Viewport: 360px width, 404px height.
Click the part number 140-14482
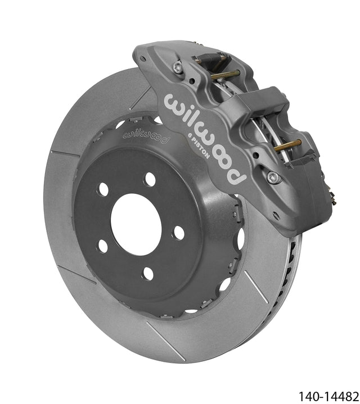pos(328,396)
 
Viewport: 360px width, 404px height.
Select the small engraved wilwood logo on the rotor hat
pos(146,137)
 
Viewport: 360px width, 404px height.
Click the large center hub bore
pos(136,224)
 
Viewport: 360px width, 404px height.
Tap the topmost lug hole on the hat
pos(150,179)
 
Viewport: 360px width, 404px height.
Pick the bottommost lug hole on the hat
pos(148,274)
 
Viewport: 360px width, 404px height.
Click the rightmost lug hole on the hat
pos(179,233)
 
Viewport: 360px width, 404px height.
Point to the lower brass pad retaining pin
pos(287,146)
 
